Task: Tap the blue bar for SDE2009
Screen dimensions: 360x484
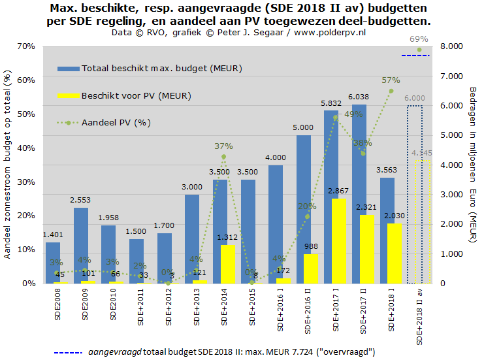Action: [81, 242]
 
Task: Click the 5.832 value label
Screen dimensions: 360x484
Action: [330, 103]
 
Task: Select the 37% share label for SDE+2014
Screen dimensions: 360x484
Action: [223, 146]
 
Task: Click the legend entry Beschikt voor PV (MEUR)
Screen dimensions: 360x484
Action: [136, 95]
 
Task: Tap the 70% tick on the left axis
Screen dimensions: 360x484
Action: [27, 46]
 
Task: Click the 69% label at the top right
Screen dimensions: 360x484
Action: [419, 39]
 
